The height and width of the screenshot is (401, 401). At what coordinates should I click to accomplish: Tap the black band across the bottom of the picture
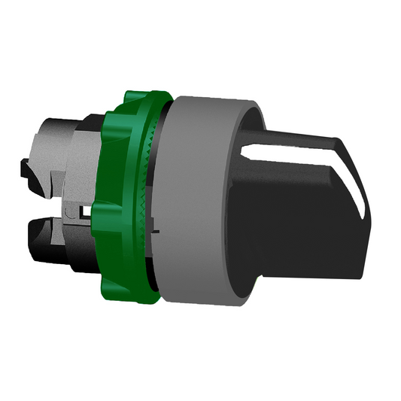[200, 372]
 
